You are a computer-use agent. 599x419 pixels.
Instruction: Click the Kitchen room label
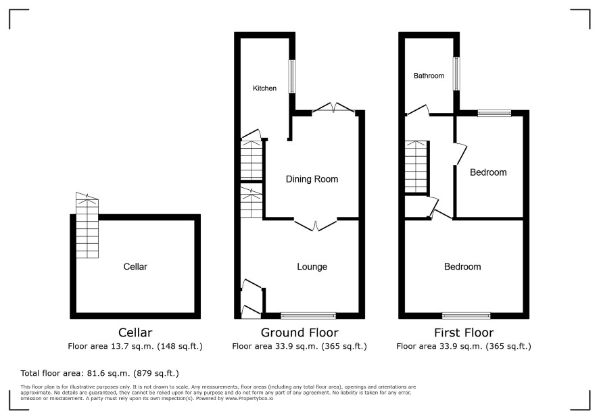(x=264, y=89)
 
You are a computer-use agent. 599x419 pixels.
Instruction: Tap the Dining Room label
(x=312, y=179)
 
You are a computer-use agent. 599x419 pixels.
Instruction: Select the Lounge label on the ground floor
(x=312, y=266)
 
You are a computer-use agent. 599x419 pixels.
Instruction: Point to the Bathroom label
(x=429, y=76)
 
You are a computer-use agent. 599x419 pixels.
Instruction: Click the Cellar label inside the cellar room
(x=135, y=266)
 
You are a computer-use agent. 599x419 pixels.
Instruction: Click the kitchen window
(x=292, y=76)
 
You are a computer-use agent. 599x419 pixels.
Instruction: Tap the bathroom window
(x=456, y=74)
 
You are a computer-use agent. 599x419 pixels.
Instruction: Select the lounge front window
(x=308, y=316)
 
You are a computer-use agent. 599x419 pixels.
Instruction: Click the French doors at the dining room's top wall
(x=333, y=107)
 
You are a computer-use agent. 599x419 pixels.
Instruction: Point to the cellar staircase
(x=87, y=225)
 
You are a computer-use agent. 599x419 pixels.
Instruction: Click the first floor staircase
(x=416, y=167)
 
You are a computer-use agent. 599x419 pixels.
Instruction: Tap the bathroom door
(x=418, y=110)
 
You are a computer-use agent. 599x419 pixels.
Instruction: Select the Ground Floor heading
(x=299, y=332)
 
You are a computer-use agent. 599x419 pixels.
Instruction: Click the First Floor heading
(x=464, y=332)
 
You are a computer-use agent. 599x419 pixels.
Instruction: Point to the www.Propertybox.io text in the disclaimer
(x=249, y=398)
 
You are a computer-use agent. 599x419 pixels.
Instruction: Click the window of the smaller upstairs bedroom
(x=494, y=114)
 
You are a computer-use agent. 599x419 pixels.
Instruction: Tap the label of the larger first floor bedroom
(x=462, y=266)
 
